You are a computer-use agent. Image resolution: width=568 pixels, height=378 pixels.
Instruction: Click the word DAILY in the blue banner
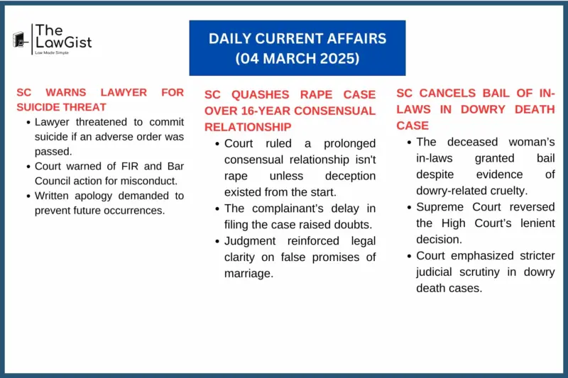click(x=231, y=39)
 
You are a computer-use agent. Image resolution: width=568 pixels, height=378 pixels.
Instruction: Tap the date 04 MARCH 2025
click(x=297, y=59)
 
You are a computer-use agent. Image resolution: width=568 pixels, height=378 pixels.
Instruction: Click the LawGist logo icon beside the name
click(x=21, y=40)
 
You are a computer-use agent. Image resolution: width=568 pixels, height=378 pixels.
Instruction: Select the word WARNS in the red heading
click(x=73, y=92)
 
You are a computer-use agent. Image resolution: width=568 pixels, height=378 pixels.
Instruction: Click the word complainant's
click(x=289, y=207)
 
